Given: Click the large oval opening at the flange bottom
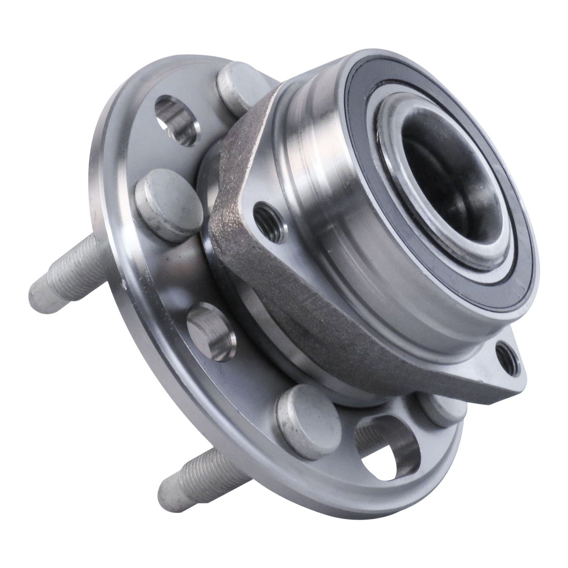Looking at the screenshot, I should pyautogui.click(x=387, y=451).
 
